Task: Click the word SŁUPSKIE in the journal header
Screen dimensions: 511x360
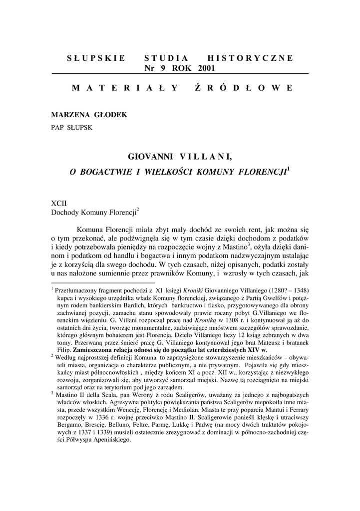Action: (96, 58)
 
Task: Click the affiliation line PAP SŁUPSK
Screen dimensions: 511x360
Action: (71, 127)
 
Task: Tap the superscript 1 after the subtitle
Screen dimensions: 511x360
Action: (288, 168)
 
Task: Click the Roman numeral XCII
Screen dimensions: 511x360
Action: (59, 204)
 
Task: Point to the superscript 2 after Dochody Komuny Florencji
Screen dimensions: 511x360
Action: (137, 210)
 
